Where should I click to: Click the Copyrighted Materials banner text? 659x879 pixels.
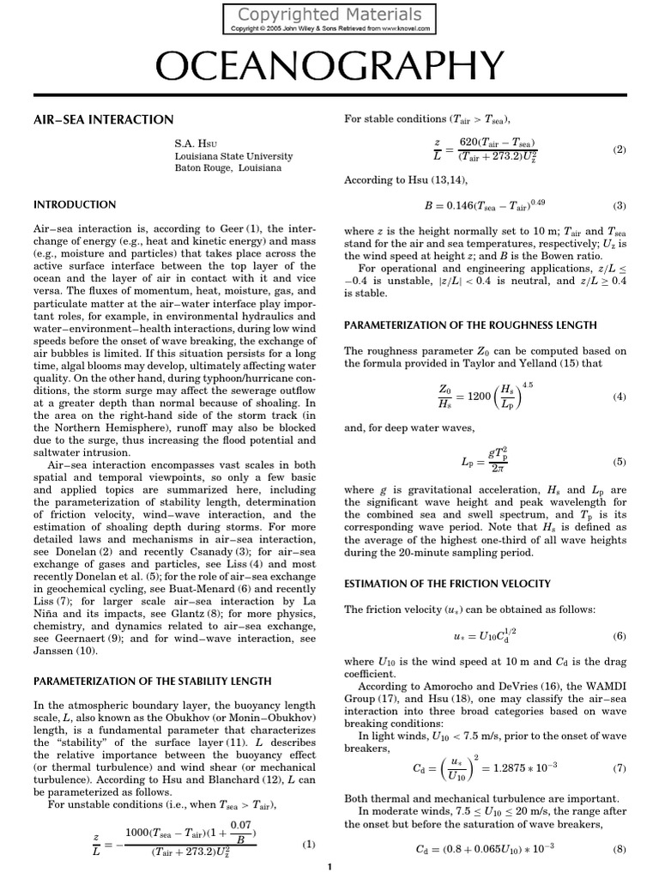click(x=329, y=15)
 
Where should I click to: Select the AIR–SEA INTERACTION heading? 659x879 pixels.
click(x=103, y=119)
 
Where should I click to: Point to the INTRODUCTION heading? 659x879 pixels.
click(x=74, y=205)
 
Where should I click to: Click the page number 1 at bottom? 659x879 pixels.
click(x=329, y=869)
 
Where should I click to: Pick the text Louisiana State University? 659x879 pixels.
click(x=233, y=156)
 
